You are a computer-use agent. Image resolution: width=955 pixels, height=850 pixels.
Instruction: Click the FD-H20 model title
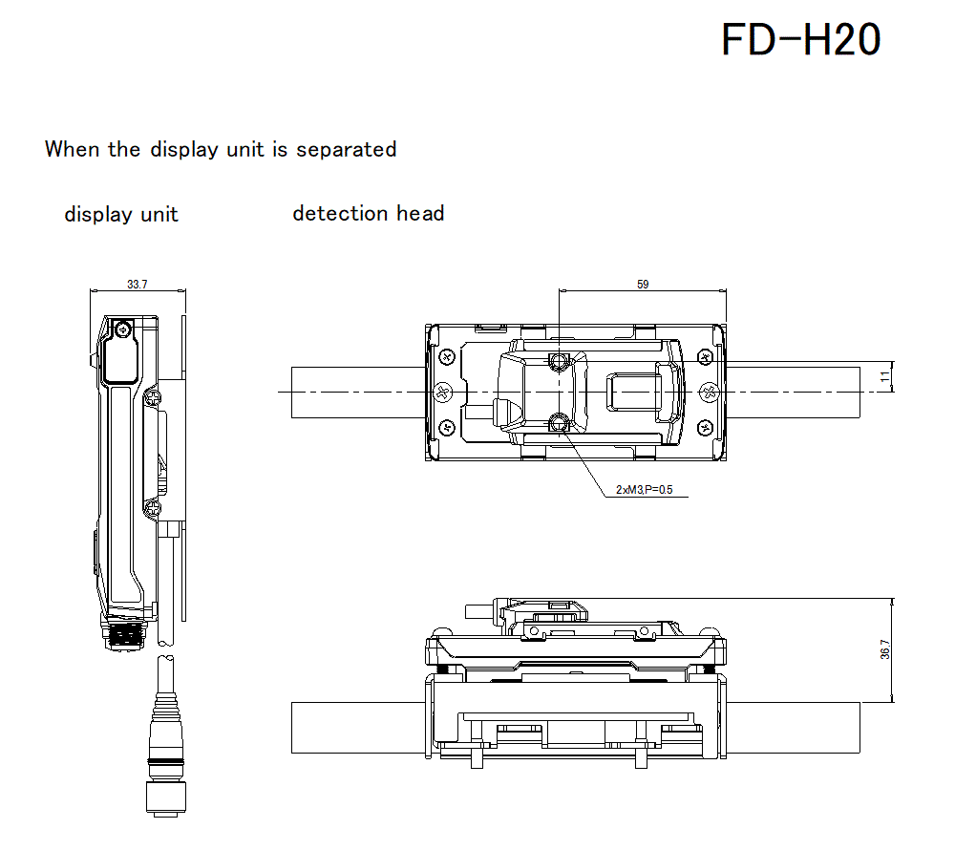tap(800, 40)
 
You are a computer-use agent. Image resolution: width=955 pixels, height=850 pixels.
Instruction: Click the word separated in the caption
tap(346, 149)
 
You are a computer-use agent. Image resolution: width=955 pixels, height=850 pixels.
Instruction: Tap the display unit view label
tap(121, 214)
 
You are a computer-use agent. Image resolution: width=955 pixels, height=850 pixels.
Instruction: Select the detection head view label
tap(368, 213)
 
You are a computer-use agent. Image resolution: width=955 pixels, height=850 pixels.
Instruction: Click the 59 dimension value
tap(642, 285)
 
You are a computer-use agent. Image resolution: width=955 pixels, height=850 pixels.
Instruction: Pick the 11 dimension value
tap(884, 377)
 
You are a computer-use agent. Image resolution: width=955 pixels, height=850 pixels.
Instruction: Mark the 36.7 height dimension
tap(884, 650)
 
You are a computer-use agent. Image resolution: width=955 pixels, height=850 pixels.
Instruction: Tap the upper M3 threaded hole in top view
tap(560, 360)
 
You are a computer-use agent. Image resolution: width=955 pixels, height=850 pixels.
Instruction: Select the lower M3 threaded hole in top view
tap(560, 423)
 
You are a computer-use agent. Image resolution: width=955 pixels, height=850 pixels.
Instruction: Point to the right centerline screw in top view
tap(708, 392)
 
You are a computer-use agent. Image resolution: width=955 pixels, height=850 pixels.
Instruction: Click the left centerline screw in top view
tap(442, 392)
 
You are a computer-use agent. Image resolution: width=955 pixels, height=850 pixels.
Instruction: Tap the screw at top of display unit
tap(122, 329)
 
